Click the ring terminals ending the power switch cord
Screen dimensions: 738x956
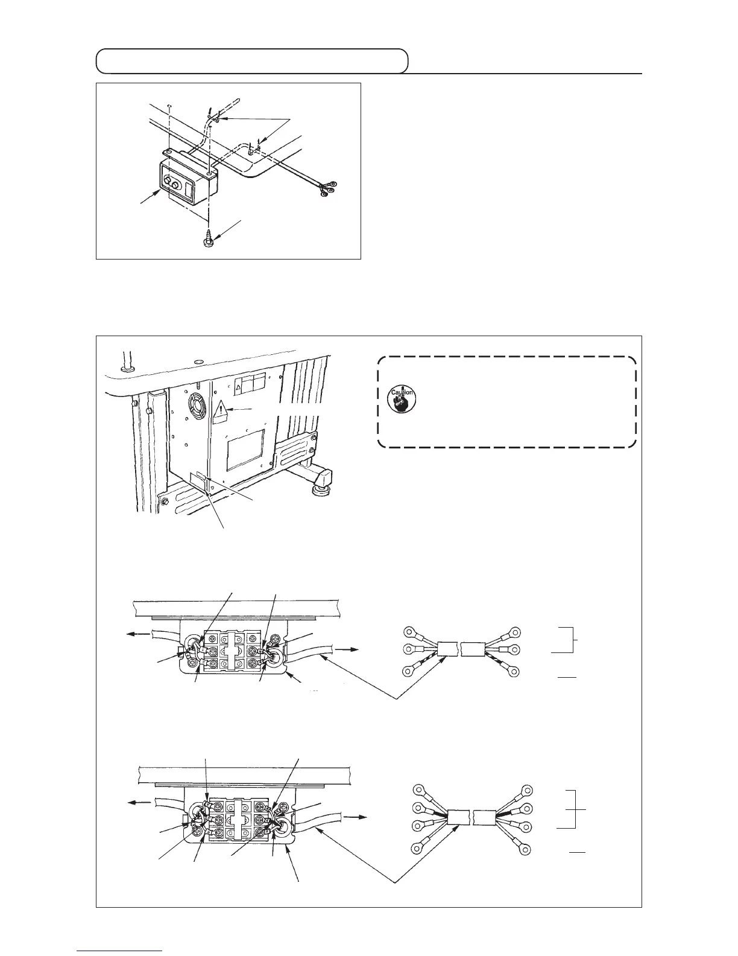click(329, 188)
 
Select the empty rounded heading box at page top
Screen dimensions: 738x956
click(252, 61)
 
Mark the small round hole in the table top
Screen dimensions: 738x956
click(197, 362)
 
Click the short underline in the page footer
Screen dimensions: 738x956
click(120, 951)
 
